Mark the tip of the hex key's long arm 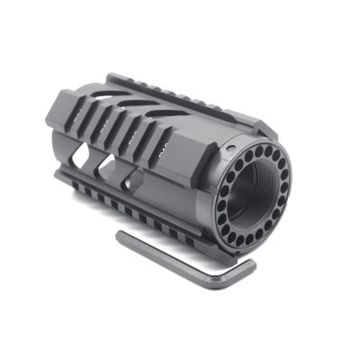(x=121, y=236)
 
